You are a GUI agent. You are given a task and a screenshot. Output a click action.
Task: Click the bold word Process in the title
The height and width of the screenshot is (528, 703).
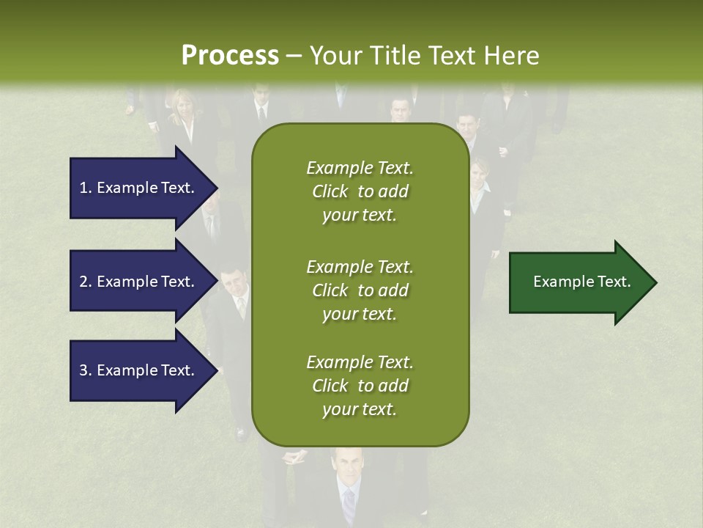pos(230,56)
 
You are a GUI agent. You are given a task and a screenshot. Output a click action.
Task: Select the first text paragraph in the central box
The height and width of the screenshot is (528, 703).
pos(360,191)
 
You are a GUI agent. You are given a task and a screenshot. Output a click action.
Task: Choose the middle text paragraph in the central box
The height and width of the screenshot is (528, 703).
pos(360,290)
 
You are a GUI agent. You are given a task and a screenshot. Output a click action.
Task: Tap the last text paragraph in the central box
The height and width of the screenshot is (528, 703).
pos(360,386)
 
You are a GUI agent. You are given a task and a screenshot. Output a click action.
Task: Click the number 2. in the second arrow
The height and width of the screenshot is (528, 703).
pos(86,282)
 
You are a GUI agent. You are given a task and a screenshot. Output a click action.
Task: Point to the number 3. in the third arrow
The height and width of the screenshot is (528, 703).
pos(86,370)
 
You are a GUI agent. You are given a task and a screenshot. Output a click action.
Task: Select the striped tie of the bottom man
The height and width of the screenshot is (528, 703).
pos(349,506)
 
